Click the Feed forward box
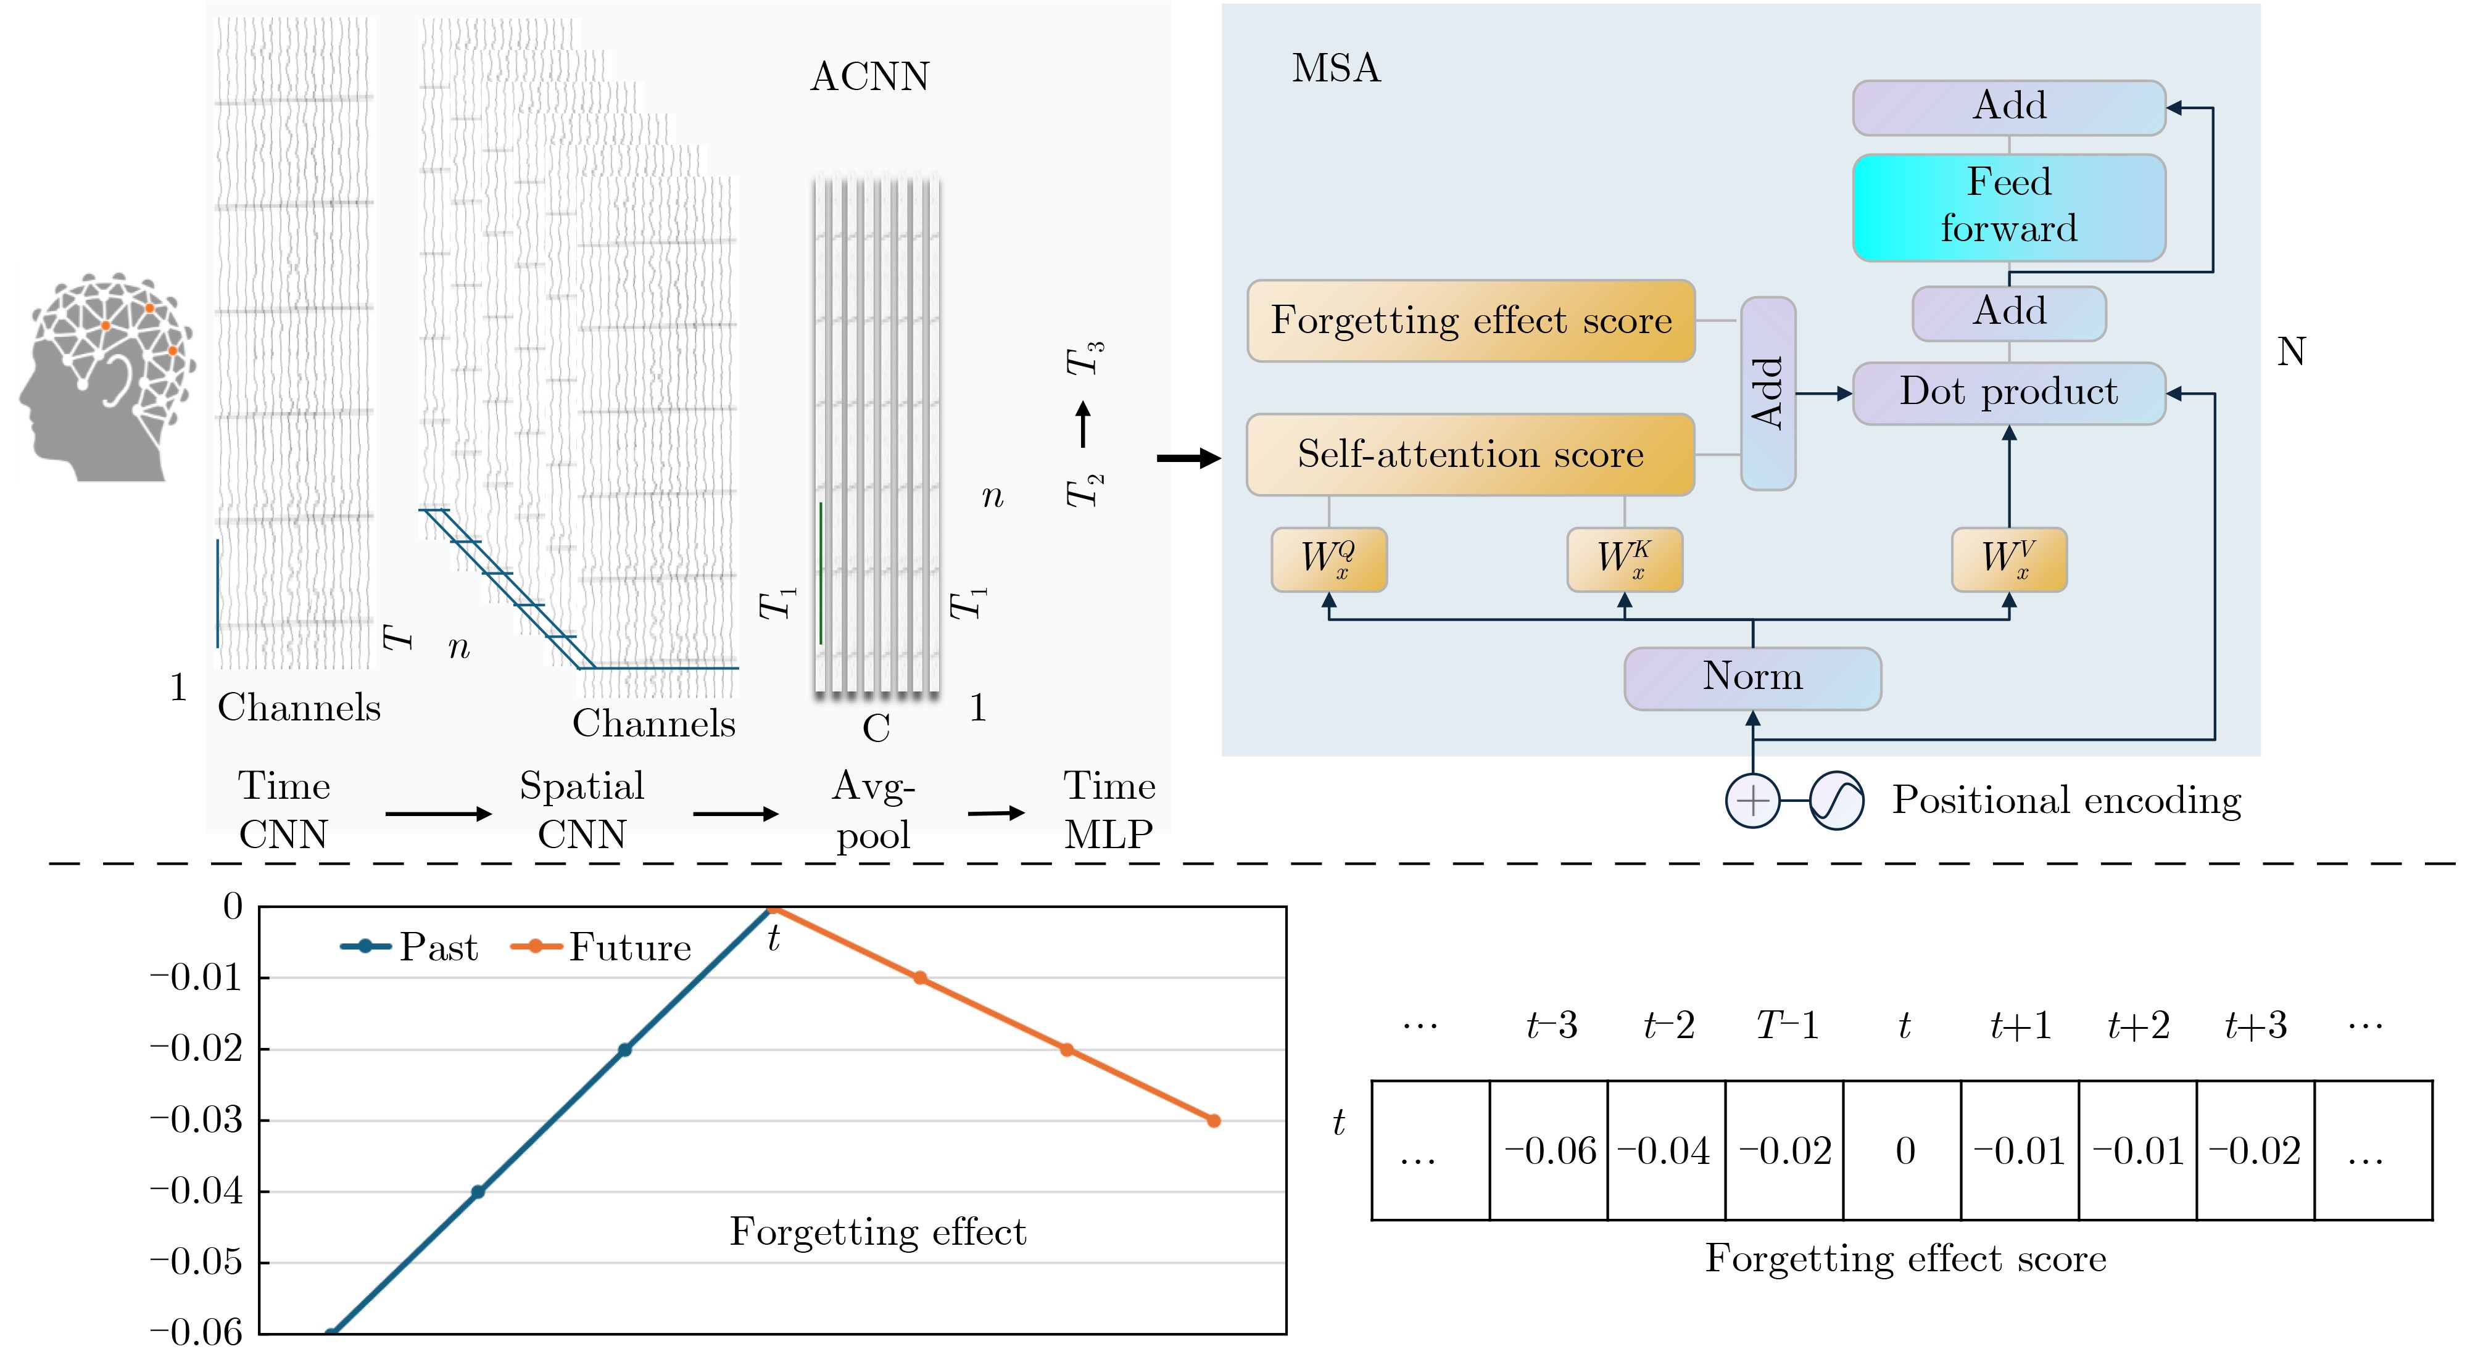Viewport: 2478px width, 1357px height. (2008, 207)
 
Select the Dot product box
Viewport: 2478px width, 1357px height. (2008, 392)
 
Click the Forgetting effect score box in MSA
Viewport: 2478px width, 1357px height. (1471, 320)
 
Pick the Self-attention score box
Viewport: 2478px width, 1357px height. (1471, 454)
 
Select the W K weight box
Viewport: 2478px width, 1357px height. (1624, 559)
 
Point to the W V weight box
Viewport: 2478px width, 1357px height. (2008, 559)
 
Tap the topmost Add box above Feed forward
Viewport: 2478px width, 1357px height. (2008, 107)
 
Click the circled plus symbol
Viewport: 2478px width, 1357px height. (1753, 800)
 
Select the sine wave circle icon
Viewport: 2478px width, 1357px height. (1836, 800)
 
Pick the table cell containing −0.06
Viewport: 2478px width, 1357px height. (1549, 1150)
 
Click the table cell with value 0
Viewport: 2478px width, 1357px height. (1903, 1150)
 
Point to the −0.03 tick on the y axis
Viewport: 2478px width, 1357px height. (197, 1120)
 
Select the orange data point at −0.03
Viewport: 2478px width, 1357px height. (1213, 1120)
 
